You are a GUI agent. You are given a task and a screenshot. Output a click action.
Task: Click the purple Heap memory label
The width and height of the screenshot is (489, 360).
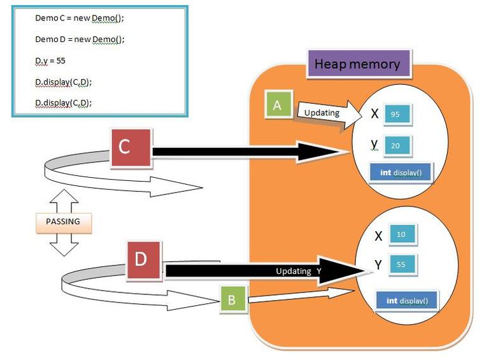[x=357, y=64]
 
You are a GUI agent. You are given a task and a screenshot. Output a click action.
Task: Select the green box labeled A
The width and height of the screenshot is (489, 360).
[x=277, y=104]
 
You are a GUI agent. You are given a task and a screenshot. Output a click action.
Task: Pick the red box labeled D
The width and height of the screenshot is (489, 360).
[x=146, y=260]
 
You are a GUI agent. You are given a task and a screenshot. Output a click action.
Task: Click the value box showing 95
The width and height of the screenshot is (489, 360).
[x=395, y=115]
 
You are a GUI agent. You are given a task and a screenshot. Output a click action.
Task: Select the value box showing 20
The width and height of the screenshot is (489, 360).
[x=395, y=146]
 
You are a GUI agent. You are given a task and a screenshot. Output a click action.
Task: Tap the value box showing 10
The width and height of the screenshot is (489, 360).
[x=400, y=234]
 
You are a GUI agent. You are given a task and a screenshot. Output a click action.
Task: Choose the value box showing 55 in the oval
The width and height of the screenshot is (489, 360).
[x=400, y=263]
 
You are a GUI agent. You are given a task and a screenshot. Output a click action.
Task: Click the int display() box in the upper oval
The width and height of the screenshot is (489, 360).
[x=400, y=173]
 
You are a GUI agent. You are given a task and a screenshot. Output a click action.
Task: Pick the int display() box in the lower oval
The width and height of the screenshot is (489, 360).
[x=407, y=301]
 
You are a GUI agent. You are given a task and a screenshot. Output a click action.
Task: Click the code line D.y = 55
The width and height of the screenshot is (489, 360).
[x=51, y=61]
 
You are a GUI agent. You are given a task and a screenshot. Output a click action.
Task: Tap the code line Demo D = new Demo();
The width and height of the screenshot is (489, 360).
[x=80, y=39]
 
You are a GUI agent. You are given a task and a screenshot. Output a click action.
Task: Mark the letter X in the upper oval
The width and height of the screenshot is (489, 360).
[x=374, y=114]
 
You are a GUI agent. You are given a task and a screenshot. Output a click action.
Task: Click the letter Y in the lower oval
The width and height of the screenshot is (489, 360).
[x=378, y=264]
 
